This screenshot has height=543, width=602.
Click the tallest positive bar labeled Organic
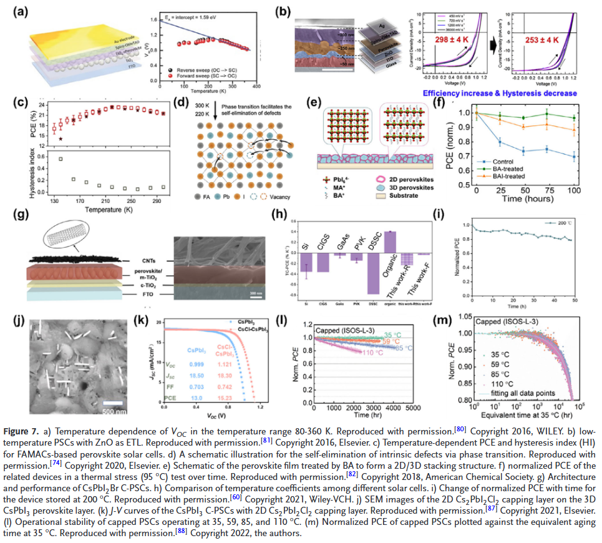390,240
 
